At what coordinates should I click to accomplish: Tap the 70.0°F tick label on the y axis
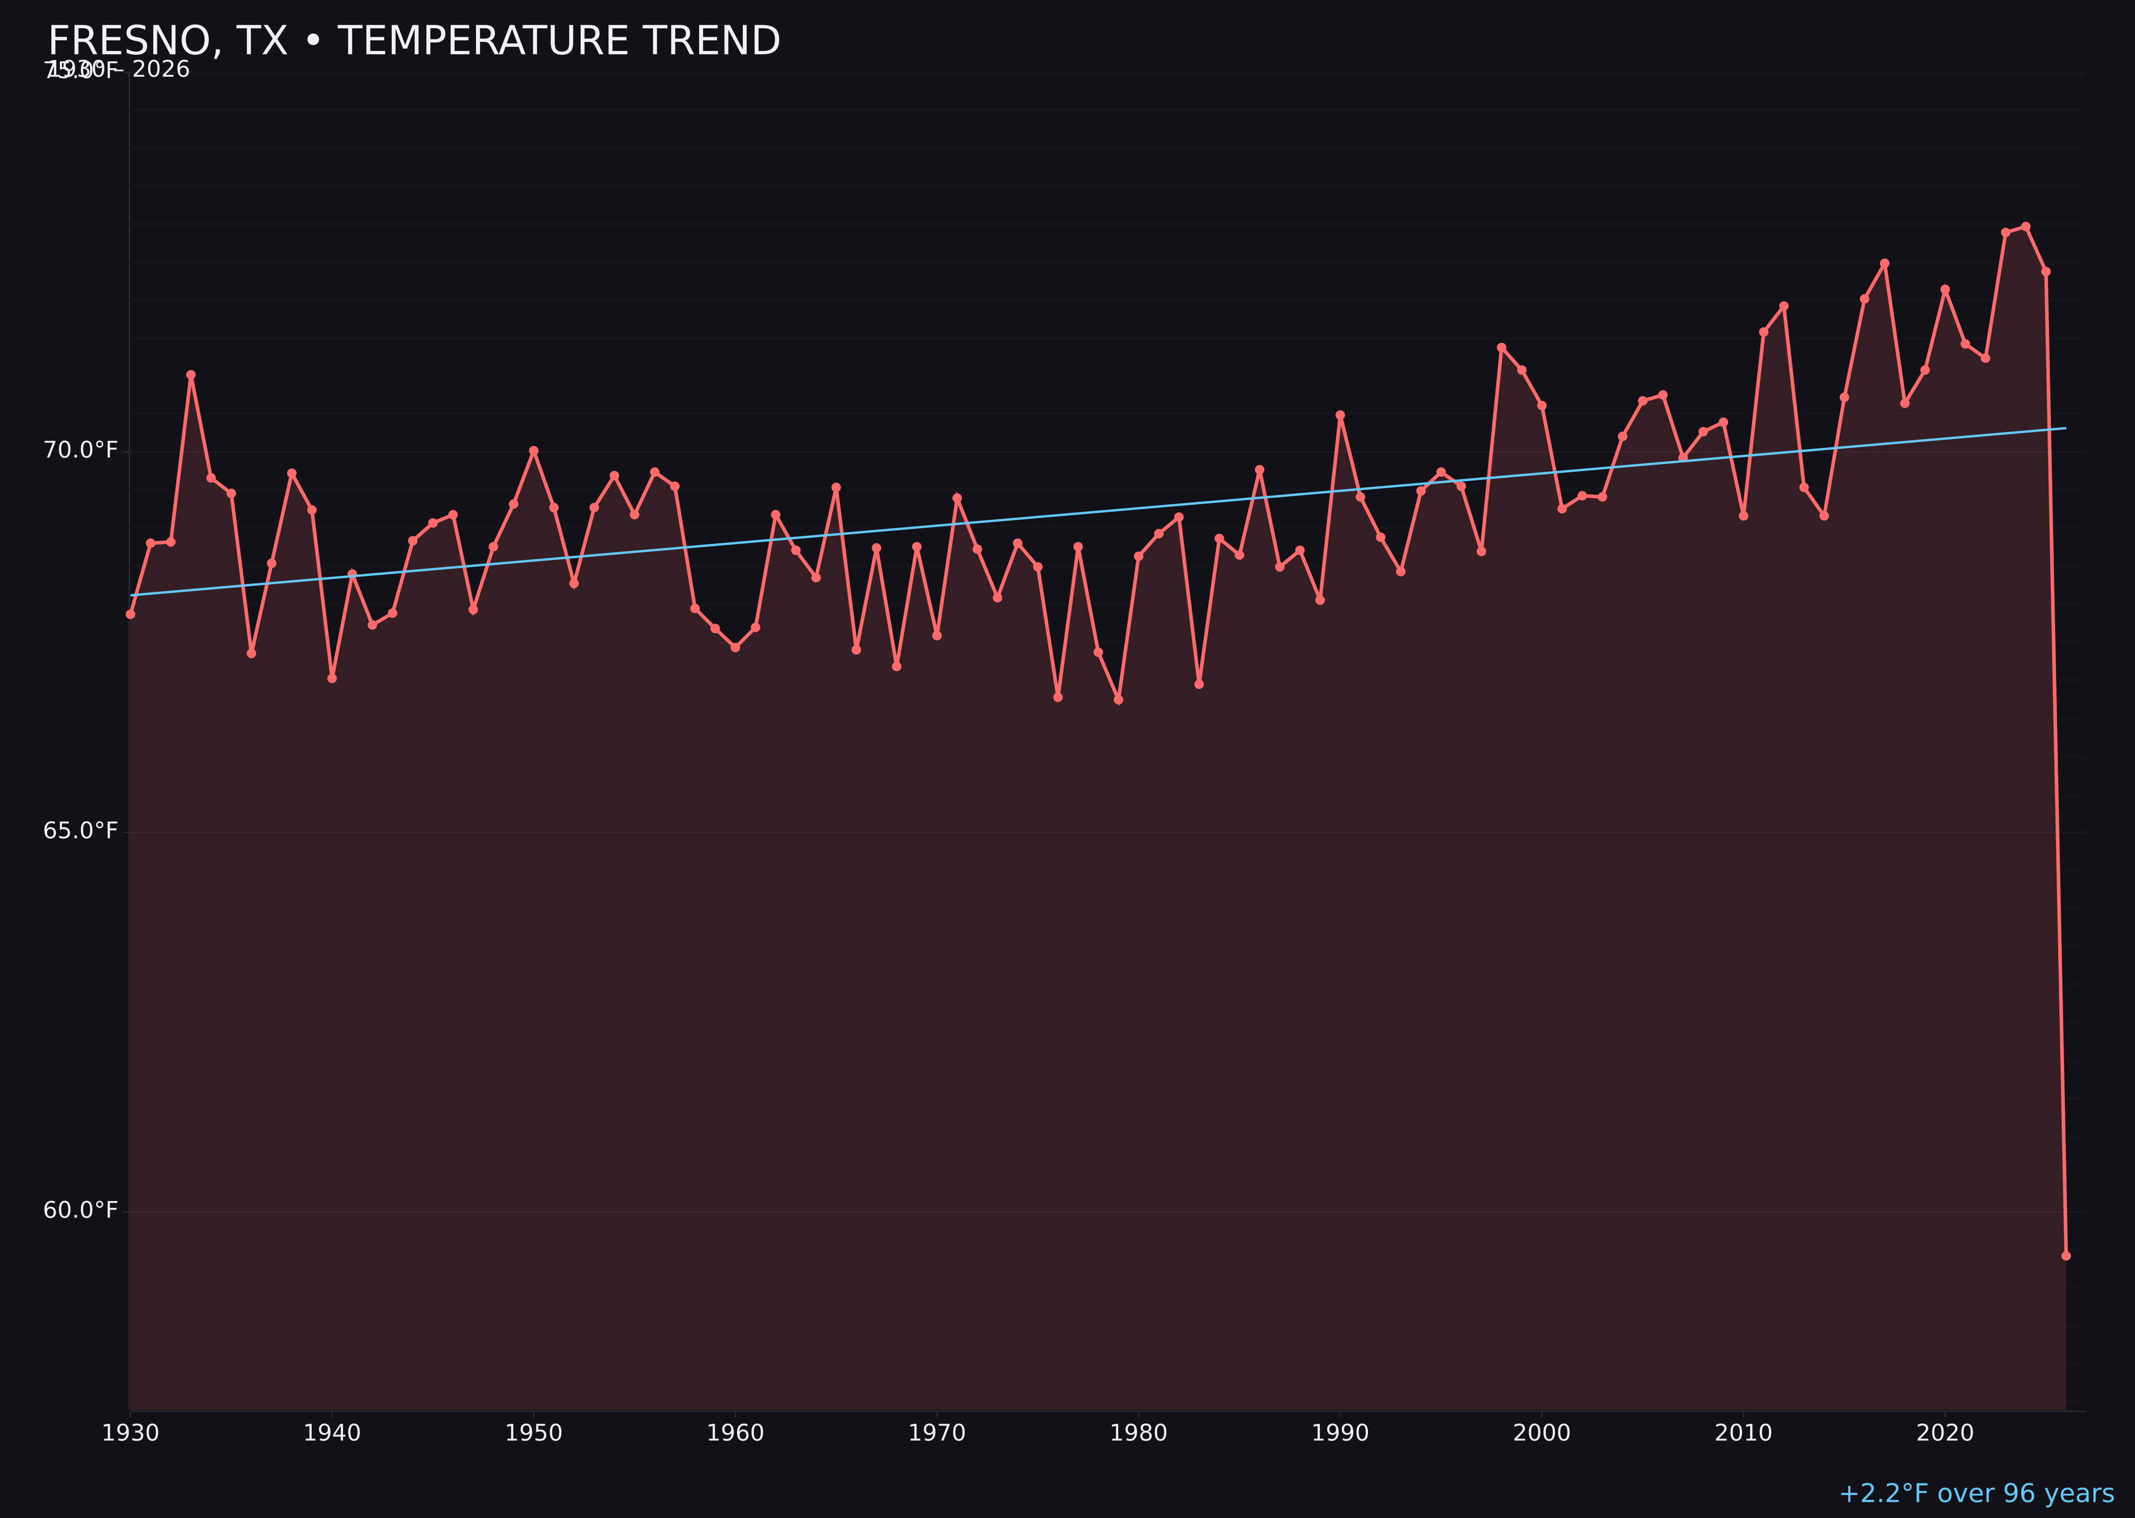[81, 450]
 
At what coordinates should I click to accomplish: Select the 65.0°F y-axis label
[81, 831]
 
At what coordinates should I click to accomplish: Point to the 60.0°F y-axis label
[81, 1211]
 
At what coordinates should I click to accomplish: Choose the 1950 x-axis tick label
[534, 1433]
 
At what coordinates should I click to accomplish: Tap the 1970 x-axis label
[937, 1433]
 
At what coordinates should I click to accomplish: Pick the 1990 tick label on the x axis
[1340, 1433]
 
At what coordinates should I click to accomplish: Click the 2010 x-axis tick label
[1743, 1433]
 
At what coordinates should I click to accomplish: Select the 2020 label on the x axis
[1945, 1433]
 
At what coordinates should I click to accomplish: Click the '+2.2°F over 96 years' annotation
[1976, 1493]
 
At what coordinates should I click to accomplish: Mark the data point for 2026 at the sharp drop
[2066, 1255]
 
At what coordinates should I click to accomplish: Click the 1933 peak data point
[191, 375]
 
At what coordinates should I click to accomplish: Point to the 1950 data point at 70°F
[534, 450]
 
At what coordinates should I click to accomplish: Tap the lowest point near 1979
[1118, 699]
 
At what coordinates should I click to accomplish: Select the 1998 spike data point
[1501, 347]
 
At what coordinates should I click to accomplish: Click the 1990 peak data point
[1340, 415]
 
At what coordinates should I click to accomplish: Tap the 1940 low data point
[332, 678]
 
